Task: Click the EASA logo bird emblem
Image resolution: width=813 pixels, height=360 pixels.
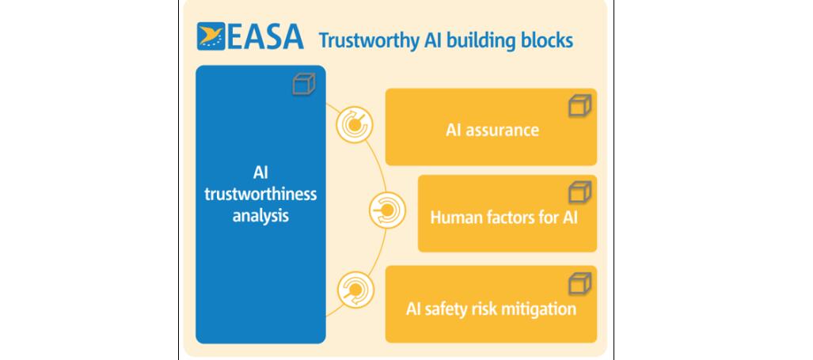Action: [211, 36]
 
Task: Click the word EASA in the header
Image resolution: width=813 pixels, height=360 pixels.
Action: [265, 36]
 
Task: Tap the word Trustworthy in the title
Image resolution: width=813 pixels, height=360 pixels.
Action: [369, 41]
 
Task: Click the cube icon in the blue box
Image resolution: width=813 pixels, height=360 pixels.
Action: [304, 84]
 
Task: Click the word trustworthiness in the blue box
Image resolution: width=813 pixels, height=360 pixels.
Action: [260, 195]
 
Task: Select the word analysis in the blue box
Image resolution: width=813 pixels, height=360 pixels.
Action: [260, 215]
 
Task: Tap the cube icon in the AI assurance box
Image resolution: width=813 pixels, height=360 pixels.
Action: [579, 105]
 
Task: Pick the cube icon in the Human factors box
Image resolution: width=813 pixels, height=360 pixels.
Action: [579, 192]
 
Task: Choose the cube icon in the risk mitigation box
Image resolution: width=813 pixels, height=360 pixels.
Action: [579, 284]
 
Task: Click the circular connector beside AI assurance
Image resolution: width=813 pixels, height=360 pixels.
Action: [354, 124]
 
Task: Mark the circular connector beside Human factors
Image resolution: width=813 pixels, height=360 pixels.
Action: [387, 210]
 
